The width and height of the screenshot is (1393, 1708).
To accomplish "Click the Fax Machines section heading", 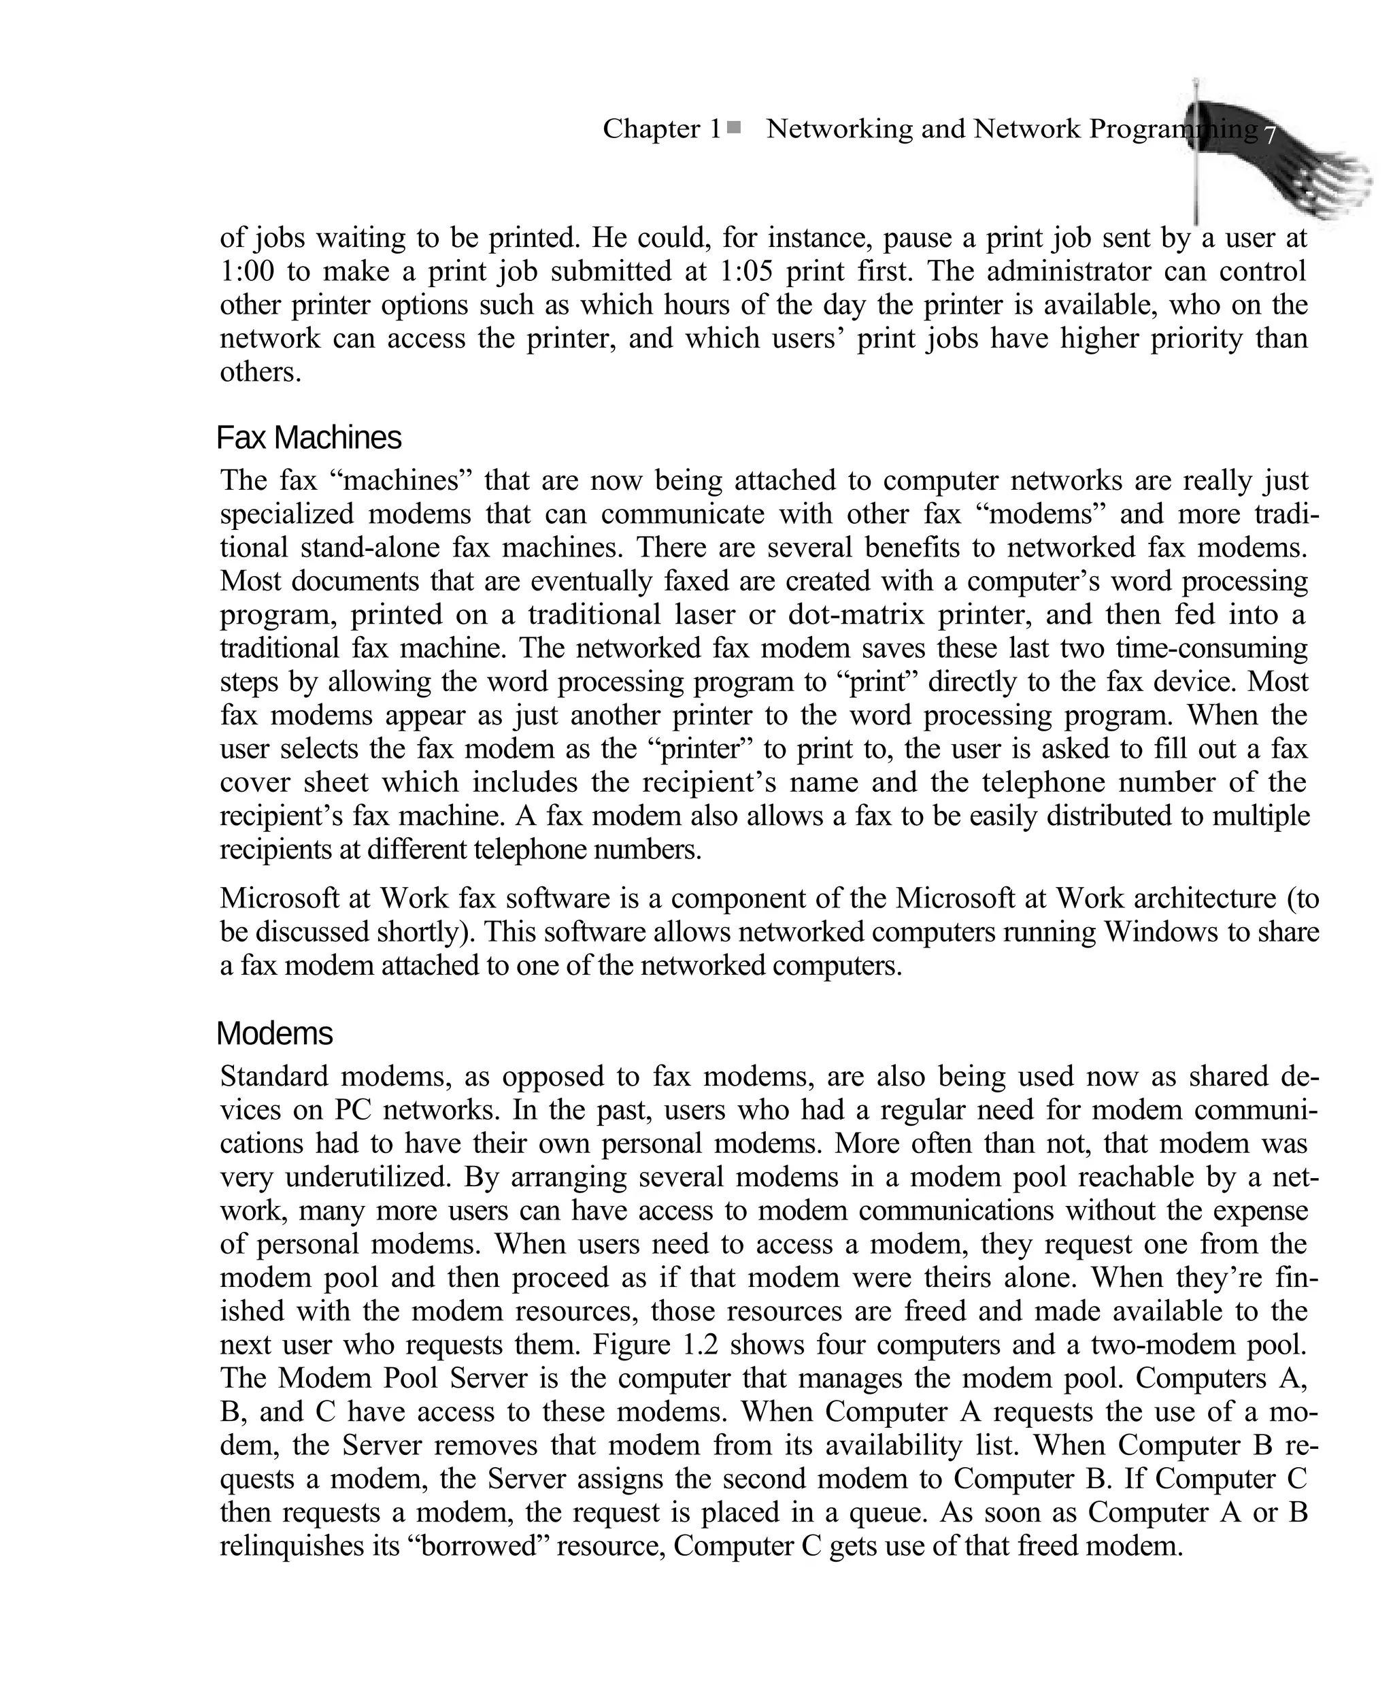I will (309, 438).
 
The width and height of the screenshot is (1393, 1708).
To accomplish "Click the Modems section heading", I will (274, 1034).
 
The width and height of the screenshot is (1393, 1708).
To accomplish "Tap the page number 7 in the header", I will (1269, 135).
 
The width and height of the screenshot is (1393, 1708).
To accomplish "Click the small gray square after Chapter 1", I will (733, 127).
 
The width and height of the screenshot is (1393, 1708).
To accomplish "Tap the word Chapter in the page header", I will (652, 129).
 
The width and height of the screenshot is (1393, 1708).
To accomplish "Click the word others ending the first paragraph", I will (260, 372).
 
